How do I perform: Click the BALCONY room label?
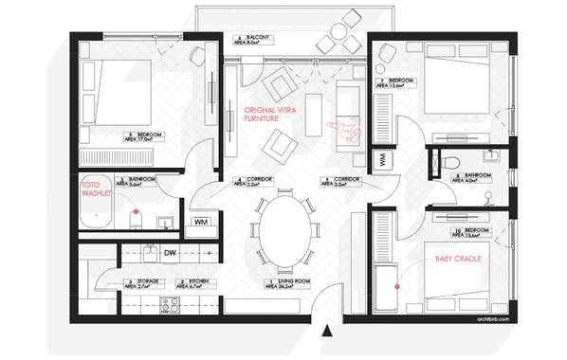(255, 39)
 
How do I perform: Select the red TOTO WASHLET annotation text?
(97, 190)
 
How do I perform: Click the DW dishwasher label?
(172, 253)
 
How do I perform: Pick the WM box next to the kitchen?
(201, 221)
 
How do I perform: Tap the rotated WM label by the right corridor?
(382, 161)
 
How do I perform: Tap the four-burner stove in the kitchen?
(171, 305)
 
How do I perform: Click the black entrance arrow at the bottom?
(328, 331)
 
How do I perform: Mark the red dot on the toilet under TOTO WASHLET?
(137, 209)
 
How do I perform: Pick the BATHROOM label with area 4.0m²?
(474, 177)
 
